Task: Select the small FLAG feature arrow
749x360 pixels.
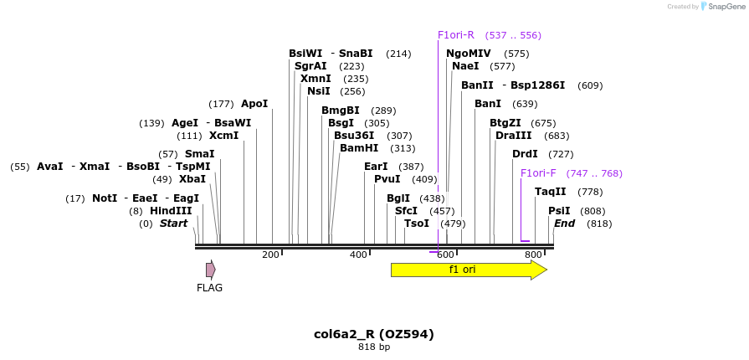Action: (211, 270)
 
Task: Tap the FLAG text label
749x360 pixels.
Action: (209, 288)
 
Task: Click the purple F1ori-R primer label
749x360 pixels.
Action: (456, 35)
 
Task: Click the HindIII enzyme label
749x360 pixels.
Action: (171, 211)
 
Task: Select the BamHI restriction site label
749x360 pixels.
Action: (360, 148)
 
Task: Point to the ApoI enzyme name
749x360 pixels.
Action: (254, 104)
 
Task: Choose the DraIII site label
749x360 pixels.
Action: (514, 136)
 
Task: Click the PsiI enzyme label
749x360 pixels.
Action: (559, 211)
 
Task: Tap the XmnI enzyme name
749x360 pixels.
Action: (316, 79)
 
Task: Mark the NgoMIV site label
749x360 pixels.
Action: (469, 54)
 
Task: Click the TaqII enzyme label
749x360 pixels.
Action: (551, 192)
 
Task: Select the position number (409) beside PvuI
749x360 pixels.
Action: (424, 179)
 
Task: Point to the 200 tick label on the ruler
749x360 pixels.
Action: (270, 255)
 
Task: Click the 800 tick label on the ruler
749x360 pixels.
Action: (533, 255)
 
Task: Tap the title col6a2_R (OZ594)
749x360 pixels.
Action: (374, 334)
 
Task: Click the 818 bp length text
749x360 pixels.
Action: (374, 347)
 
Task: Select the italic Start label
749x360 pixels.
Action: (173, 224)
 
